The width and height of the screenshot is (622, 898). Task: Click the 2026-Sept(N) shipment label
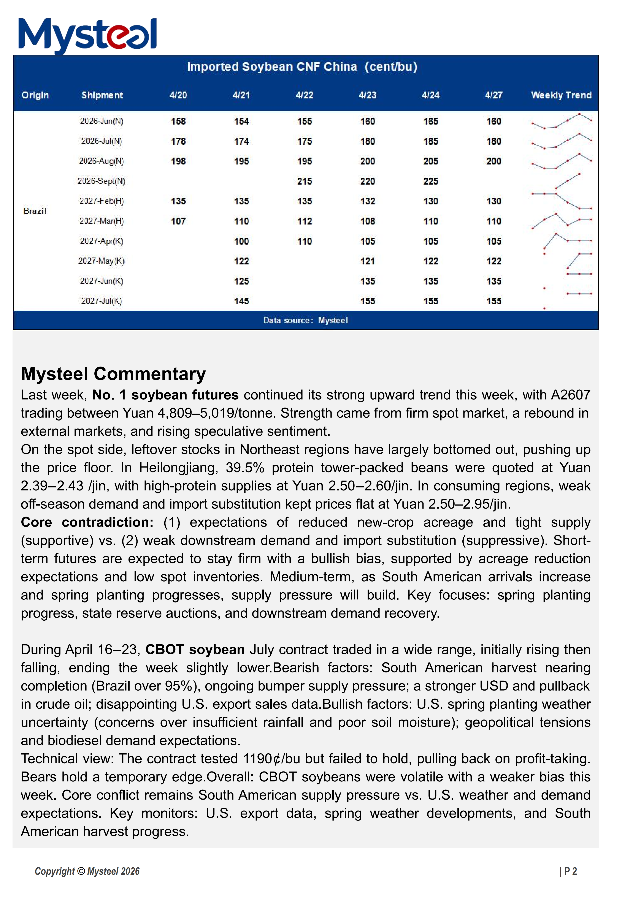click(101, 181)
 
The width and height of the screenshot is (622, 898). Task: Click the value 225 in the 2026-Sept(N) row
click(430, 181)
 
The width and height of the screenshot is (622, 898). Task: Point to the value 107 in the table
click(178, 221)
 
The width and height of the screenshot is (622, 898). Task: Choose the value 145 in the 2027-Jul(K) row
click(241, 301)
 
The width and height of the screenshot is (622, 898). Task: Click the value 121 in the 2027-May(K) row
click(367, 261)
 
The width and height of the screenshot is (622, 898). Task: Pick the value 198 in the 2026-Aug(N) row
click(178, 161)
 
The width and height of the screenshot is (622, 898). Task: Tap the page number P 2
click(568, 871)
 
